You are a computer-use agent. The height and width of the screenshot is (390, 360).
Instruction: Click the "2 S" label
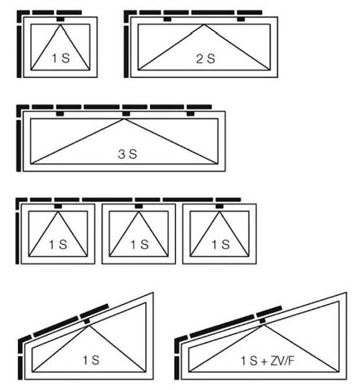click(x=205, y=58)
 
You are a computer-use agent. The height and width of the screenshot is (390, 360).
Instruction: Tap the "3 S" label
click(x=127, y=154)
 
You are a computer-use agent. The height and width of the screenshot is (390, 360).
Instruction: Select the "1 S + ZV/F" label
click(x=268, y=361)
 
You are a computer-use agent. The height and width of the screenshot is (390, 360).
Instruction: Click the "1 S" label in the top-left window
click(x=61, y=58)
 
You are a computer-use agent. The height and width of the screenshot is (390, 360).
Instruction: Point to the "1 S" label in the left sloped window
click(x=91, y=360)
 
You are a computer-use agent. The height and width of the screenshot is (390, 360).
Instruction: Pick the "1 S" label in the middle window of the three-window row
click(x=139, y=245)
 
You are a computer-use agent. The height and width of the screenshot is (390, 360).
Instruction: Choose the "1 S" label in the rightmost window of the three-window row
click(x=221, y=245)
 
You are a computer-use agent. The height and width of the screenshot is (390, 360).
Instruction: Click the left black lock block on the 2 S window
click(x=168, y=19)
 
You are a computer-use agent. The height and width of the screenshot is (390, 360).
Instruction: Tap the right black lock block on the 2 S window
click(x=241, y=19)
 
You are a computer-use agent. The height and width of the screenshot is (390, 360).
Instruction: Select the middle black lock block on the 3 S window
click(x=126, y=114)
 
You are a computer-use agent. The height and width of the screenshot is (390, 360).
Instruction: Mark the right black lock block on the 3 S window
click(x=191, y=114)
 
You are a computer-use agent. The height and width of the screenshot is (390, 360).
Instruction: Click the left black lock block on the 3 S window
click(x=60, y=114)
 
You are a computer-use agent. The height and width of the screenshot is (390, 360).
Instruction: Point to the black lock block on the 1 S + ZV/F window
click(x=262, y=321)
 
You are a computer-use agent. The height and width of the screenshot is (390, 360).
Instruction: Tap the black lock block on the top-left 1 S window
click(x=61, y=19)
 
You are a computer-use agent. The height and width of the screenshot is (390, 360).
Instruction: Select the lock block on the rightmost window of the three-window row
click(x=220, y=206)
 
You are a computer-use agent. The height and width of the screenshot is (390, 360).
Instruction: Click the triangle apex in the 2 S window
click(x=204, y=24)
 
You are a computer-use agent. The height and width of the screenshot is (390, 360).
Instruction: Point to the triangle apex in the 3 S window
click(x=124, y=119)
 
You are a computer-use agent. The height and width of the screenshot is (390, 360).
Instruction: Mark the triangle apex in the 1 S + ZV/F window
click(x=264, y=325)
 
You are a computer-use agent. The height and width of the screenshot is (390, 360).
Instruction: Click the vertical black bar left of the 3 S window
click(x=19, y=146)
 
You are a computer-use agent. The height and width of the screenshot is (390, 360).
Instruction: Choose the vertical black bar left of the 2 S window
click(x=126, y=52)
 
